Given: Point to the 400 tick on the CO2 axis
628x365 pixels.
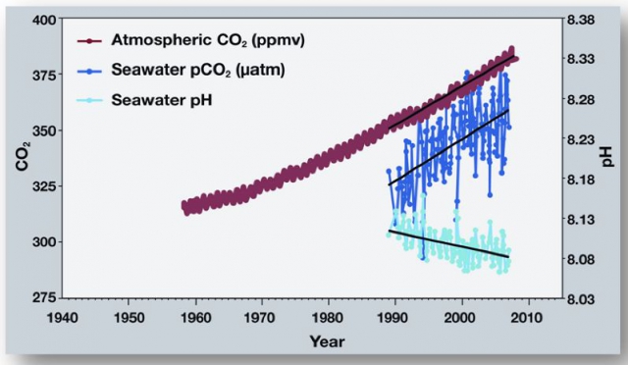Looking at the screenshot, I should tap(42, 20).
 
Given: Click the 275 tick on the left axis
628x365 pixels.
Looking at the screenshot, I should tap(42, 297).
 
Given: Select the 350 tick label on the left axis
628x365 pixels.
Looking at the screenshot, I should tap(42, 130).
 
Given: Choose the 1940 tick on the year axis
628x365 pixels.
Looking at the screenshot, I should tap(63, 318).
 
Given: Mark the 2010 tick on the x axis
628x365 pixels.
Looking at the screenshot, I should tap(527, 318).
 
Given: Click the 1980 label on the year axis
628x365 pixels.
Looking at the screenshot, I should tap(328, 318).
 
